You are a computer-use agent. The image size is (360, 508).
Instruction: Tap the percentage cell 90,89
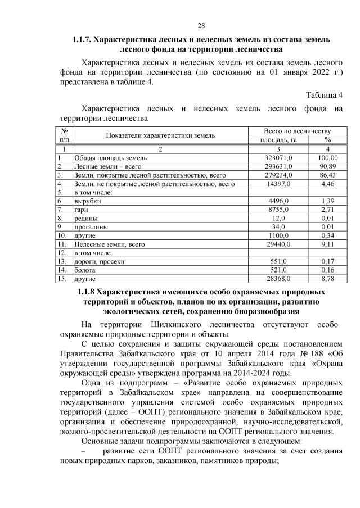click(327, 167)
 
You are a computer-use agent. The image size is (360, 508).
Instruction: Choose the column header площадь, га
click(277, 140)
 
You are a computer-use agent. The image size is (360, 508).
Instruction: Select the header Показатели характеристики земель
click(160, 135)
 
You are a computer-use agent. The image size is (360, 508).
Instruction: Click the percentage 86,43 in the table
click(327, 175)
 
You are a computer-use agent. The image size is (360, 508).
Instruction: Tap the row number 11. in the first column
click(62, 244)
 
